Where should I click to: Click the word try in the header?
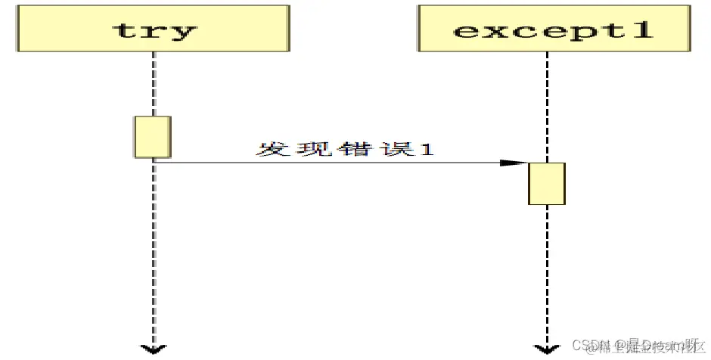coord(154,30)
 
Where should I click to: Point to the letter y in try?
coord(182,33)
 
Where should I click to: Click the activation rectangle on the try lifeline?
coord(153,137)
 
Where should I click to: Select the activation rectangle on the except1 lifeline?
coord(546,183)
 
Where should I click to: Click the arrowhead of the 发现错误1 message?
coord(514,163)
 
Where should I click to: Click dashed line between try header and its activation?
coord(154,83)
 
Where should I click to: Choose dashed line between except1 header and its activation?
coord(546,106)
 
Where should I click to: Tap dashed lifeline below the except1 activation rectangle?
coord(546,272)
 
